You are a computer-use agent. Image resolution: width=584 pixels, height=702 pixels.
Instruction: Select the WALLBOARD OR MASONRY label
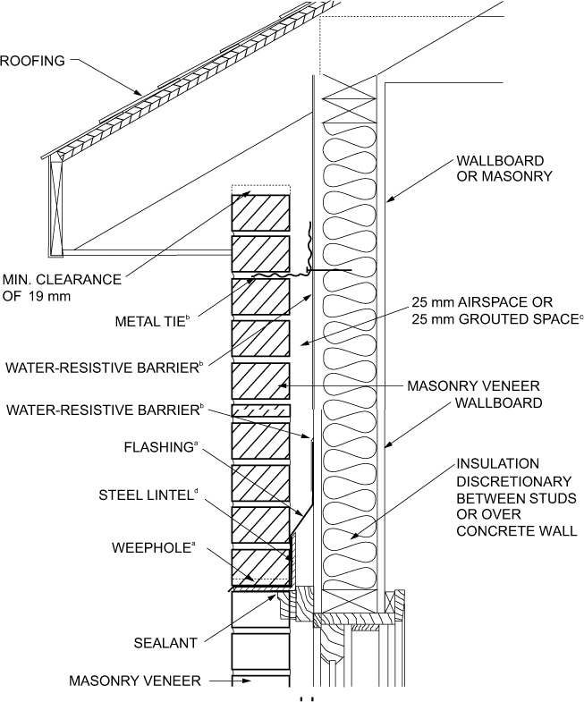(x=500, y=168)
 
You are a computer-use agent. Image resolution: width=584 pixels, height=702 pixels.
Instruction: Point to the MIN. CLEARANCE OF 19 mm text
(x=61, y=287)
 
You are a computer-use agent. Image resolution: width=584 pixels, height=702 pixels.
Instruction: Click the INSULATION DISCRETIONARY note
(x=514, y=497)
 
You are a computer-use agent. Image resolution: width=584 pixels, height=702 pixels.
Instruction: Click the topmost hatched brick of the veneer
(x=259, y=212)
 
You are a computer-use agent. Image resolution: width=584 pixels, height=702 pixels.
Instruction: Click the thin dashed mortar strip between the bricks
(x=260, y=410)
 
